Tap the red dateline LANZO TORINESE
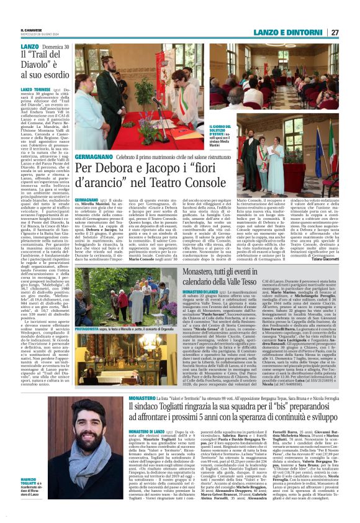tap(37, 89)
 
